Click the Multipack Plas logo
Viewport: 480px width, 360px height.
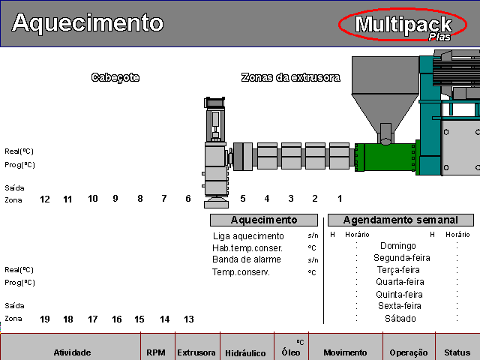[x=403, y=25]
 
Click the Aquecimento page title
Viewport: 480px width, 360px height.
[x=87, y=23]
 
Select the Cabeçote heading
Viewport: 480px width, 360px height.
[x=115, y=77]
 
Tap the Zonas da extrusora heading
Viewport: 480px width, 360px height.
[x=290, y=77]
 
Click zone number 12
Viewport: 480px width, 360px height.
[x=45, y=199]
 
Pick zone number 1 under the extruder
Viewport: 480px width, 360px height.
[x=340, y=199]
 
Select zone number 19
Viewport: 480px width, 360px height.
[x=45, y=319]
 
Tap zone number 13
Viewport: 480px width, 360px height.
[x=189, y=319]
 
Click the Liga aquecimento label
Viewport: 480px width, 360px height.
[x=248, y=236]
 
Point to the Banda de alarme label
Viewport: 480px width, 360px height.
[x=247, y=259]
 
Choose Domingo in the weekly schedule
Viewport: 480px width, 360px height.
[x=397, y=246]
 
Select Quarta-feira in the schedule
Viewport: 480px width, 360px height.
[x=397, y=283]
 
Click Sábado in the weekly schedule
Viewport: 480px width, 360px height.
[x=400, y=319]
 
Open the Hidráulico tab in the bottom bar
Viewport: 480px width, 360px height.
[x=246, y=352]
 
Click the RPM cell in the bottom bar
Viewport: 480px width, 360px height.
[x=156, y=352]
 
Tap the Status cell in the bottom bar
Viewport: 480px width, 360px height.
[x=457, y=352]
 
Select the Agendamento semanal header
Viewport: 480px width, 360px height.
[x=400, y=220]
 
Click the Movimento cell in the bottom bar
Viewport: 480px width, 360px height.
[x=344, y=352]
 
